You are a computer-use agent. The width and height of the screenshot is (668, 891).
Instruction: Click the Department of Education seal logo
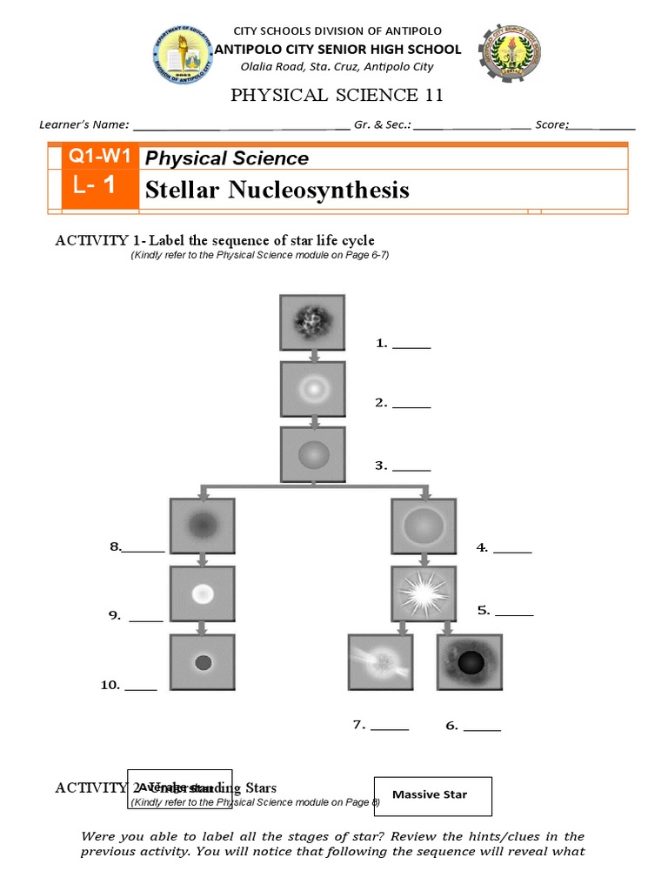pos(183,54)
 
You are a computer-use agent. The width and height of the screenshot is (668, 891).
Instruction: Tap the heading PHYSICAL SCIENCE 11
pos(330,96)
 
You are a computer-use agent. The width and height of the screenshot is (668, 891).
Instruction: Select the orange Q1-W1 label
pos(100,157)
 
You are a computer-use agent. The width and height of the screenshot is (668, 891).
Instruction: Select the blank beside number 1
pos(411,345)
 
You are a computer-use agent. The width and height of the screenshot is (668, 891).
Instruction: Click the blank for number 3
pos(411,467)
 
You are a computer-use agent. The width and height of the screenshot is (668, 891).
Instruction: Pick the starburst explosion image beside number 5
pos(424,593)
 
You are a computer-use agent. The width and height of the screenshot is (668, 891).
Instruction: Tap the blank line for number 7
pos(389,727)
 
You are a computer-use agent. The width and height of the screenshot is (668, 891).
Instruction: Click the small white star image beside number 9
pos(202,593)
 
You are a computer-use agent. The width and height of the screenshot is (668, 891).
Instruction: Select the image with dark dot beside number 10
pos(202,662)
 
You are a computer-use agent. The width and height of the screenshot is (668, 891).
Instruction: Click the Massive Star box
pos(432,795)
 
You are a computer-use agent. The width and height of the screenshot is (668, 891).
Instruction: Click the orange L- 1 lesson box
pos(100,189)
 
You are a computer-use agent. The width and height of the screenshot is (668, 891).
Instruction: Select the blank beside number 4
pos(512,549)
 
